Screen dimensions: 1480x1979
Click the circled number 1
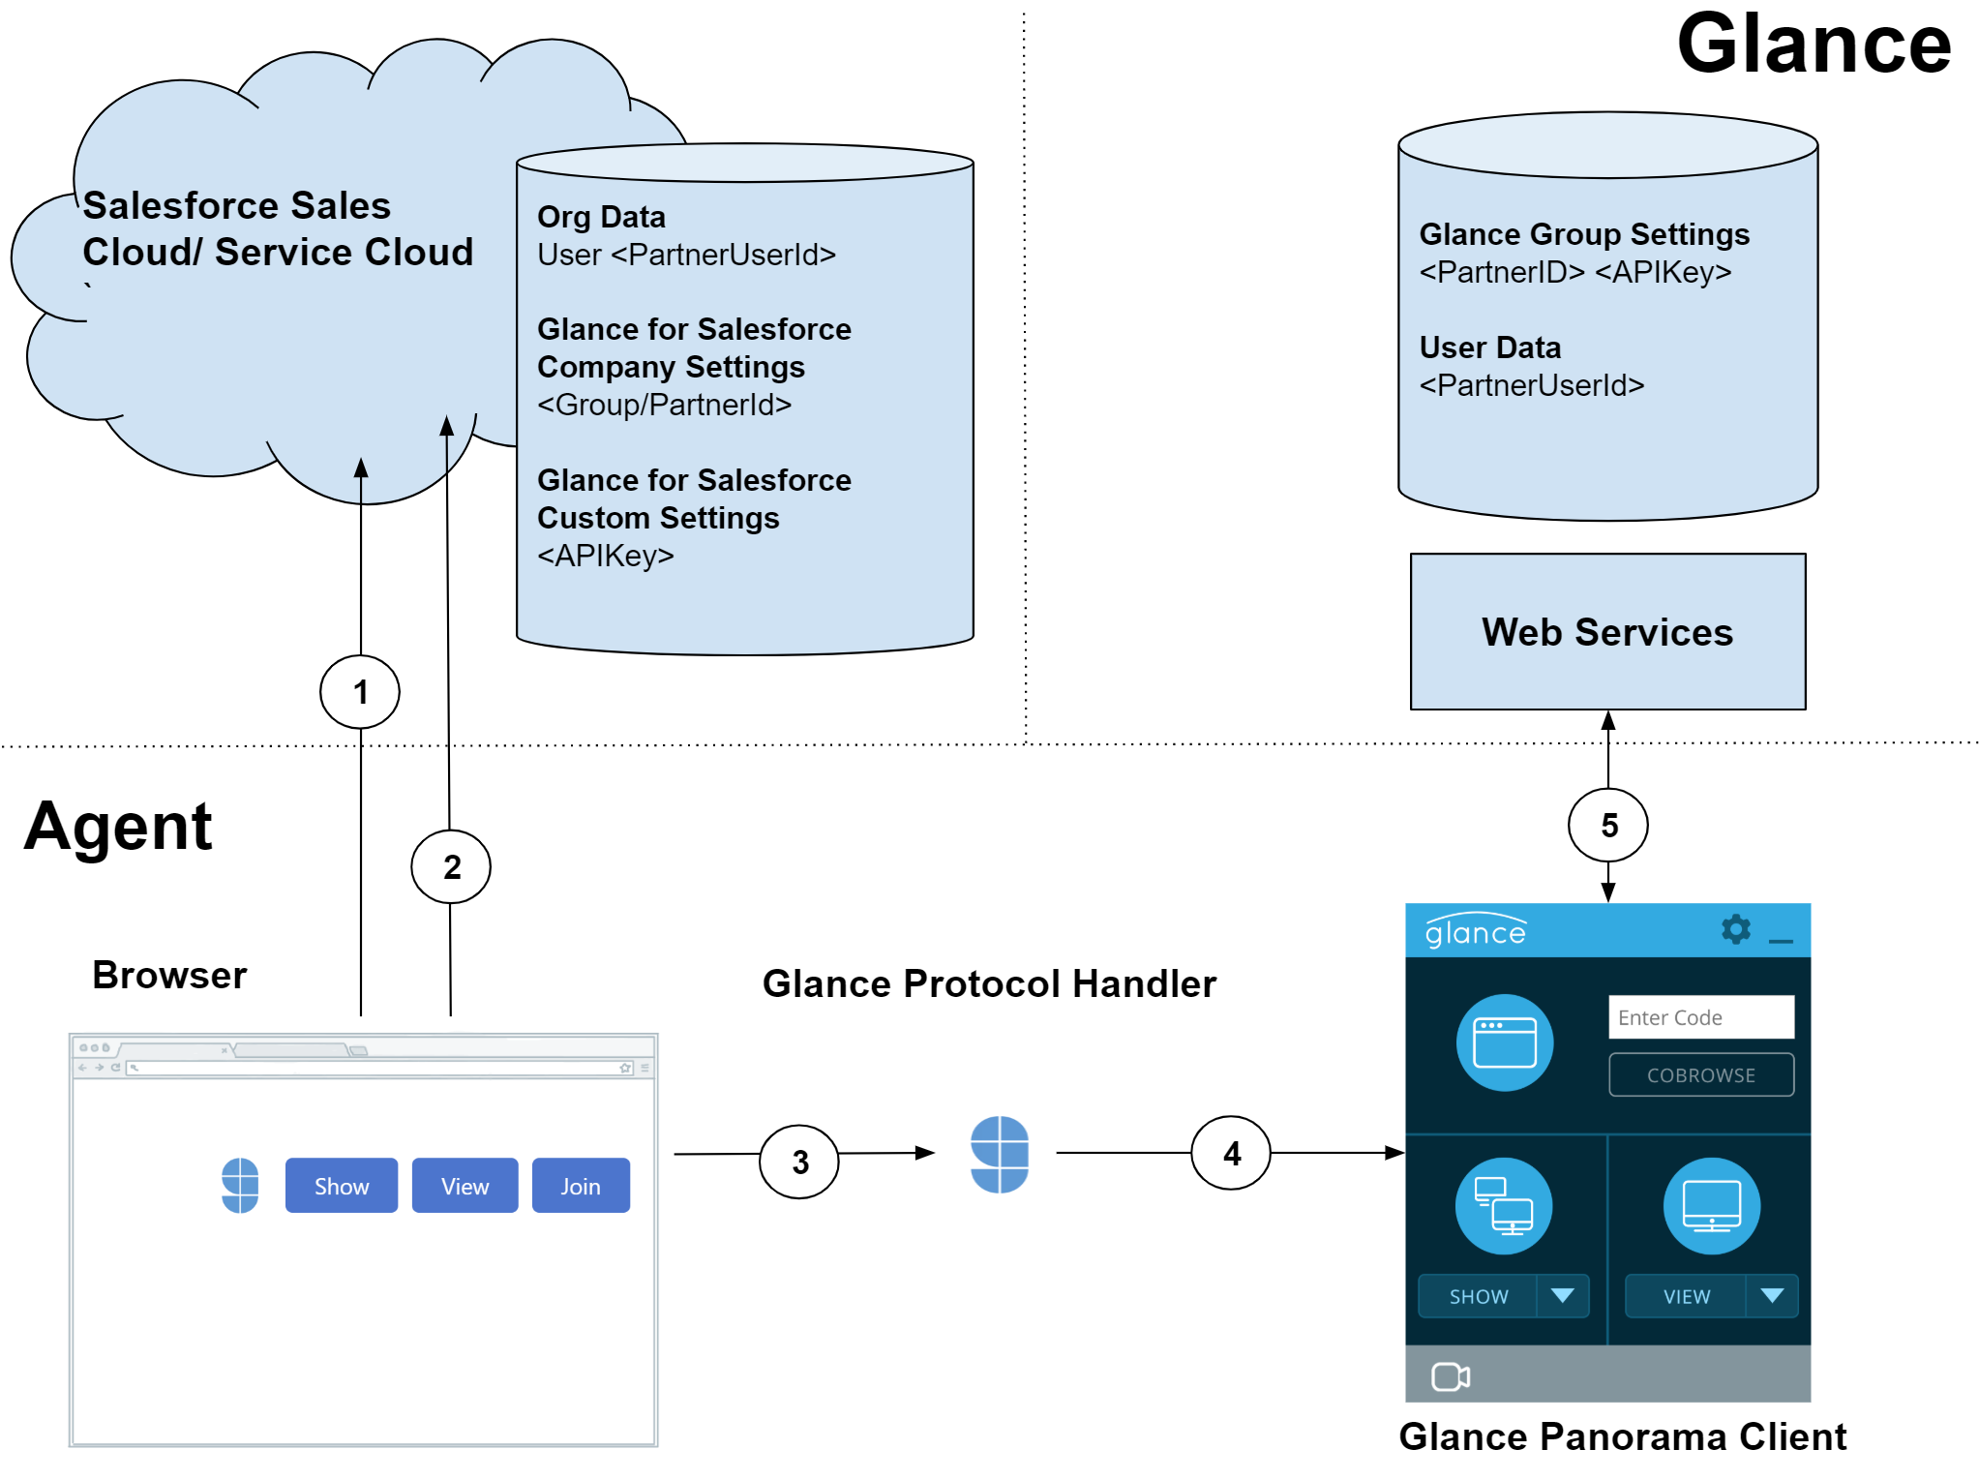click(x=360, y=692)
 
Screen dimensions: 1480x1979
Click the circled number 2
click(x=451, y=867)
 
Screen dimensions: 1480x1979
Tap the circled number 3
click(x=799, y=1162)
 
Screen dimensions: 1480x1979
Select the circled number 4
click(x=1231, y=1153)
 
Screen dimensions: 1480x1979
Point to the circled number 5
click(x=1608, y=826)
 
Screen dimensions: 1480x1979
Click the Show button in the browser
click(x=342, y=1186)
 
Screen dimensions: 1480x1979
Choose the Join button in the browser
click(x=581, y=1186)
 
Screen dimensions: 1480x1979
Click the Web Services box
click(x=1607, y=632)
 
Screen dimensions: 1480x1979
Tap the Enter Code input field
click(x=1701, y=1017)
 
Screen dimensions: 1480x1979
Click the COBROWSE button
click(x=1701, y=1075)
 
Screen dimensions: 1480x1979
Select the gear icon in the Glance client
click(x=1736, y=929)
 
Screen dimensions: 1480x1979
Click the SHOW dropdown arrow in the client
click(x=1563, y=1296)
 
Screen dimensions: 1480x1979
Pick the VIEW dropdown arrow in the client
click(x=1772, y=1296)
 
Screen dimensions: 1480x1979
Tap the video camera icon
click(x=1451, y=1375)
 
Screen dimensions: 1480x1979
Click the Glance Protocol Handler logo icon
click(x=1000, y=1154)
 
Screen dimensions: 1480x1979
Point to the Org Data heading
click(x=601, y=217)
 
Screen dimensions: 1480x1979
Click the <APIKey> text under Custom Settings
click(x=606, y=556)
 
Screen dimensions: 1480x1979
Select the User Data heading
click(x=1490, y=347)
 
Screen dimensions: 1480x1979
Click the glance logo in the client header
click(x=1476, y=930)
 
